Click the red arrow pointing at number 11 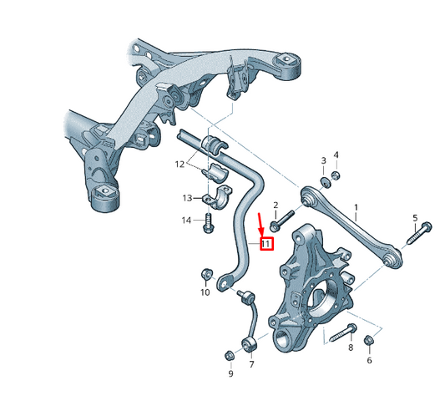click(260, 225)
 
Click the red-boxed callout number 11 click(267, 244)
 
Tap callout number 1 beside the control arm click(356, 208)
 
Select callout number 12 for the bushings click(180, 165)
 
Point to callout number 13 click(187, 198)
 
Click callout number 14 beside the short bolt click(186, 221)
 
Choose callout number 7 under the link click(251, 364)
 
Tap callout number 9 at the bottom click(230, 373)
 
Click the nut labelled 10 click(206, 273)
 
